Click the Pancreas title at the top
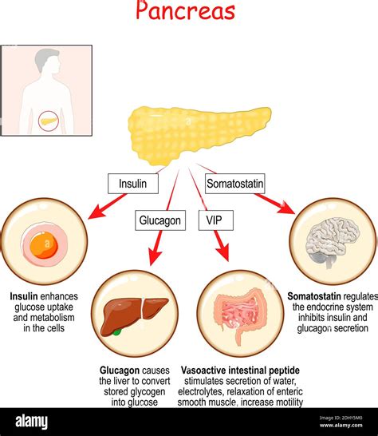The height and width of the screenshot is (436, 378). pyautogui.click(x=185, y=11)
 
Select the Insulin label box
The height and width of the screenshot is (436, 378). pyautogui.click(x=132, y=184)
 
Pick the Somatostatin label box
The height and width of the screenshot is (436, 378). pyautogui.click(x=234, y=184)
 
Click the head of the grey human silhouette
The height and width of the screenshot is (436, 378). pyautogui.click(x=49, y=61)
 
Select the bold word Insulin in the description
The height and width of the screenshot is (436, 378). pyautogui.click(x=23, y=295)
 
